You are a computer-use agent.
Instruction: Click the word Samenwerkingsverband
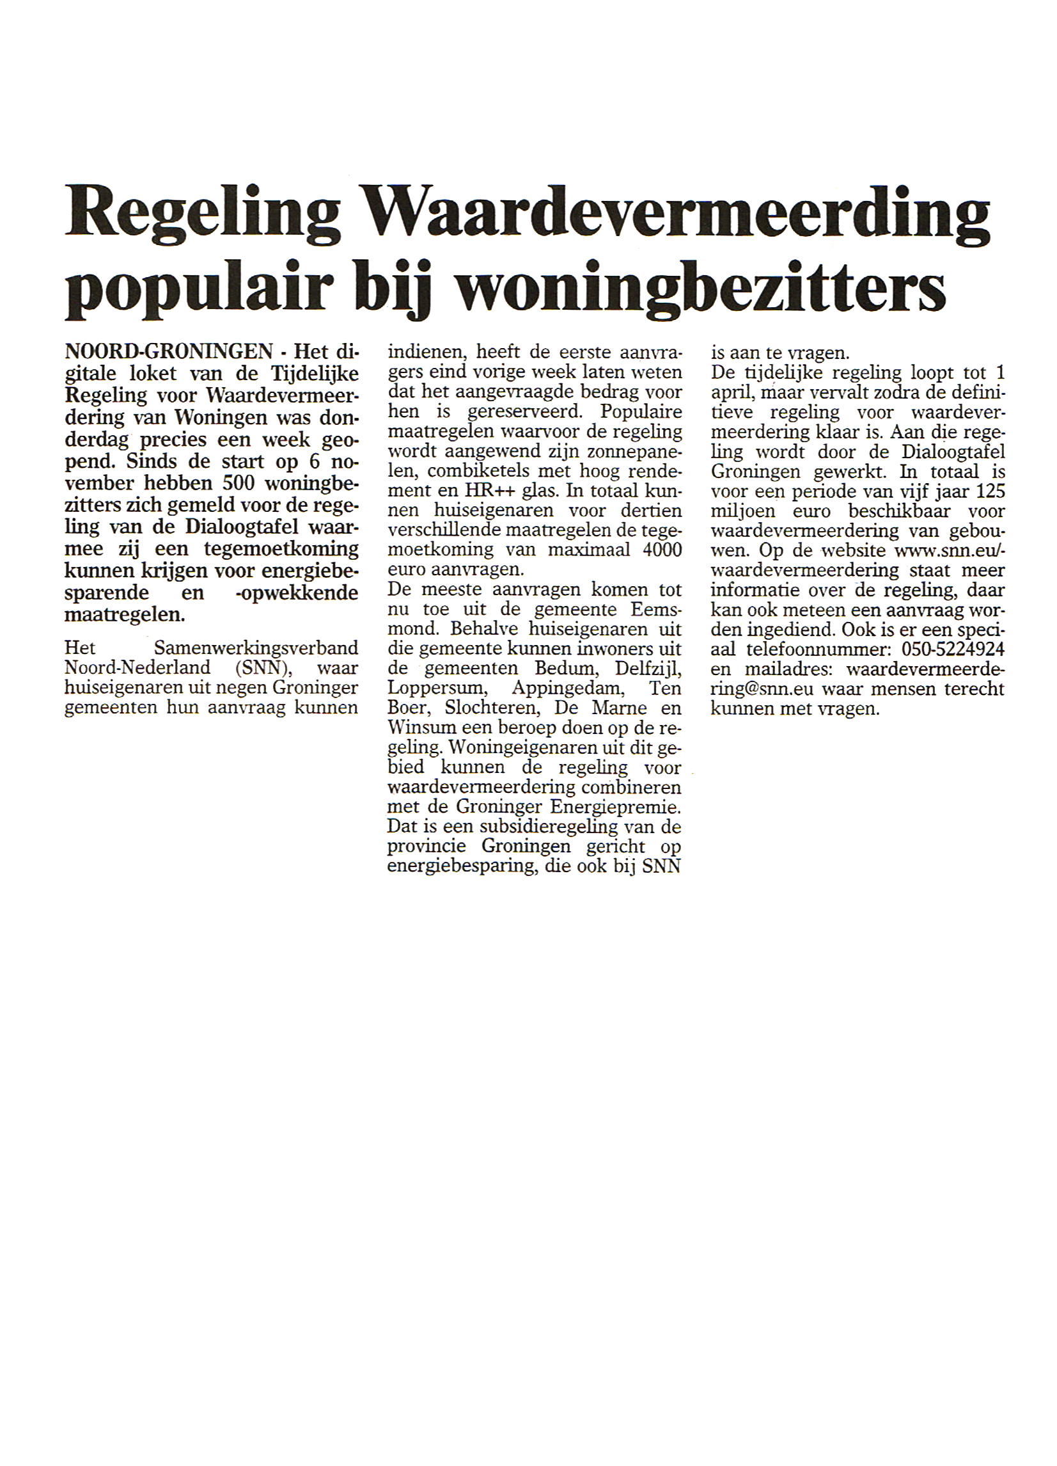pos(256,648)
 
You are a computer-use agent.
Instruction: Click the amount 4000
pos(662,550)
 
